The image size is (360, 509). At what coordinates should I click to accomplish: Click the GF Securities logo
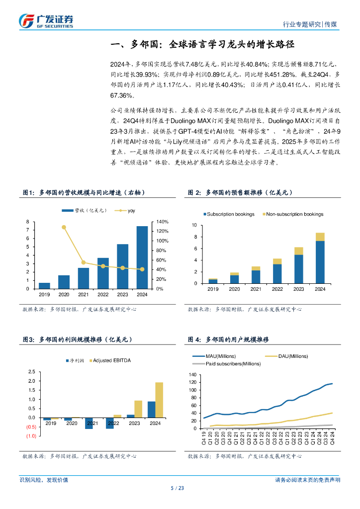pyautogui.click(x=46, y=20)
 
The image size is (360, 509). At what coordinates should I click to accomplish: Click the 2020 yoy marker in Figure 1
pyautogui.click(x=64, y=227)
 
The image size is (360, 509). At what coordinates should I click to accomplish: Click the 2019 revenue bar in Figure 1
pyautogui.click(x=44, y=285)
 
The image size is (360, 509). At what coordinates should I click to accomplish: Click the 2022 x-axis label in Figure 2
pyautogui.click(x=277, y=289)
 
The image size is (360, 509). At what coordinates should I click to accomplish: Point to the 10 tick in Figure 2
pyautogui.click(x=195, y=225)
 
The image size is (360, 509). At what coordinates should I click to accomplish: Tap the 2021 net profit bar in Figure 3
pyautogui.click(x=89, y=423)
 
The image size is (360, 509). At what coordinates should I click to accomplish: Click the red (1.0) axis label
pyautogui.click(x=31, y=436)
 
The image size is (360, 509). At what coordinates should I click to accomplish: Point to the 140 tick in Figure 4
pyautogui.click(x=193, y=374)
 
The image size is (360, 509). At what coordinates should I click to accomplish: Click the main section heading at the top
pyautogui.click(x=202, y=45)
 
